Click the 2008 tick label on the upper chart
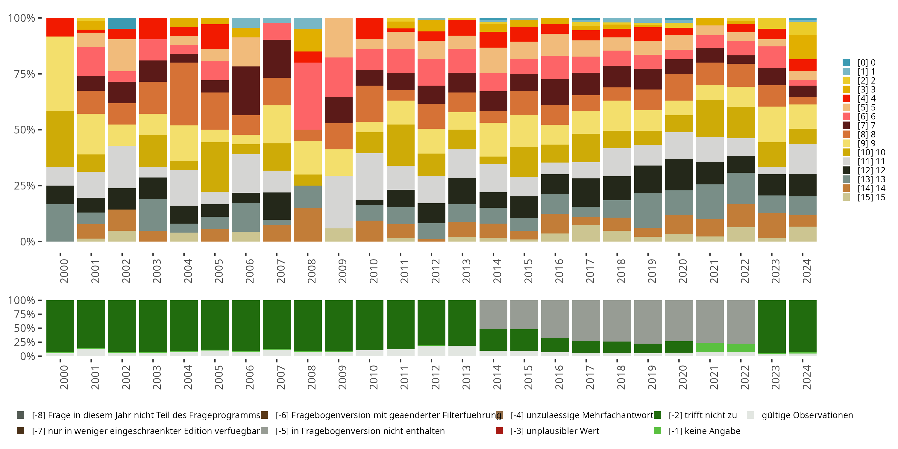[x=311, y=271]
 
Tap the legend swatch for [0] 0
[x=846, y=62]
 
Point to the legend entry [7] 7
[x=866, y=125]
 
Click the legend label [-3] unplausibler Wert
[x=555, y=431]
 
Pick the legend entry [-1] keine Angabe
[x=704, y=431]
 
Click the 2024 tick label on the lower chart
[x=806, y=377]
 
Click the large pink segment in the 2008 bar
[x=308, y=96]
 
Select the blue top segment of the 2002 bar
[x=122, y=23]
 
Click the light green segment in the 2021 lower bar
[x=709, y=347]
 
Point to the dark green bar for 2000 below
[x=60, y=326]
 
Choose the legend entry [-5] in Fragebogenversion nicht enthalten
[x=360, y=431]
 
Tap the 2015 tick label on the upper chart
[x=528, y=271]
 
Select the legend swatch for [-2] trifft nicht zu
[x=657, y=415]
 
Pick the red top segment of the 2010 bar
[x=369, y=28]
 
